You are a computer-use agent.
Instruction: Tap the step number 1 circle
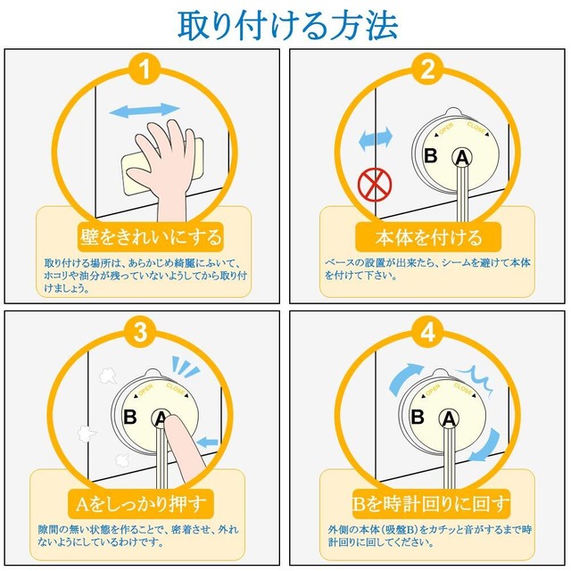click(x=143, y=69)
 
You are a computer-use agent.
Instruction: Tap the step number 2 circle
click(x=428, y=69)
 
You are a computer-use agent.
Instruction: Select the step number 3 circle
click(x=143, y=333)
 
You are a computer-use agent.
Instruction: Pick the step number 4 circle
click(x=428, y=333)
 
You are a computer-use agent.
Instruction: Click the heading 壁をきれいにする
click(x=145, y=237)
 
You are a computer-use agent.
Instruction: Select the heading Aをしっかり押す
click(x=143, y=502)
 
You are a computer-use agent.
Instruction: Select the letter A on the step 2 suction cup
click(x=462, y=158)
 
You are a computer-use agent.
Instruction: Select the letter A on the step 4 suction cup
click(x=447, y=418)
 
